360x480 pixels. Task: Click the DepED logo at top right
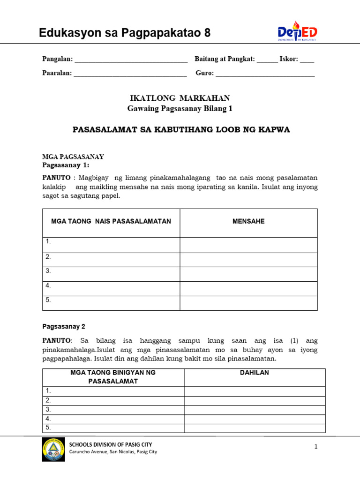[x=297, y=32]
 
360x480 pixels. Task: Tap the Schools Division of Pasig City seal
[x=54, y=449]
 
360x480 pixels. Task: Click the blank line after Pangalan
[x=131, y=60]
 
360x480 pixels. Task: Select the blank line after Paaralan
[x=130, y=74]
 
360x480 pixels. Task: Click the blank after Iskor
[x=307, y=60]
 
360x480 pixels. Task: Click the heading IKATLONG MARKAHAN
[x=180, y=98]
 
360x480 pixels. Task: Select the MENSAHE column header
[x=248, y=221]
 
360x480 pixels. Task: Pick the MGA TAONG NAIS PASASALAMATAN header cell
[x=111, y=221]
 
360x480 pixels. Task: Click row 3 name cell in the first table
[x=111, y=274]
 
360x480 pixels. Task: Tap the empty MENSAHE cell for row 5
[x=248, y=303]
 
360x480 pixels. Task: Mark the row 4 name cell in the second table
[x=113, y=419]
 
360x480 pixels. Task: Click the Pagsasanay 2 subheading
[x=64, y=326]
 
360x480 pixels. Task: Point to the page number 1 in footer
[x=316, y=447]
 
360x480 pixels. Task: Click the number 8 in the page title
[x=207, y=33]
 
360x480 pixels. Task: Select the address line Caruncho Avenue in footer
[x=113, y=452]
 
